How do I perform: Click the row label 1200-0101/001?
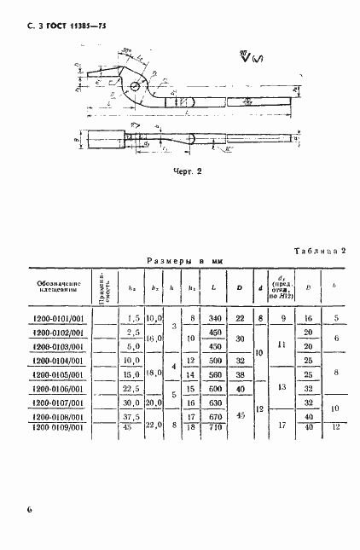(x=59, y=318)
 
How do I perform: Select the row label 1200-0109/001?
(x=59, y=427)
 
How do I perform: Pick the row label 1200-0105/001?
(x=59, y=373)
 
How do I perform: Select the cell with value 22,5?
(x=132, y=387)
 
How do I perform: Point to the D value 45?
(x=240, y=414)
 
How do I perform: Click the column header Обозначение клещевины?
(x=59, y=287)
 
